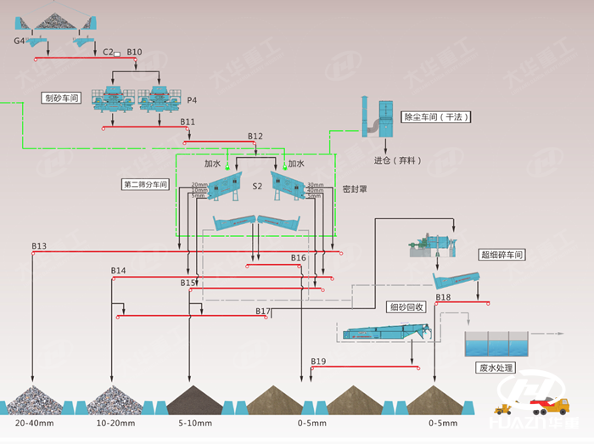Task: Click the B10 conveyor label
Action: click(x=135, y=53)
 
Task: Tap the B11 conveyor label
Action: click(x=188, y=122)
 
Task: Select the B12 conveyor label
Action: click(x=255, y=137)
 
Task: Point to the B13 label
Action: click(x=40, y=246)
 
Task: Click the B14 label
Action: click(x=118, y=271)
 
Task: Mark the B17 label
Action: click(x=263, y=312)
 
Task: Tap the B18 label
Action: click(x=443, y=297)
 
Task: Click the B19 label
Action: click(x=318, y=362)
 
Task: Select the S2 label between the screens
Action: click(x=257, y=185)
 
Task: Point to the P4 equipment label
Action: click(x=192, y=100)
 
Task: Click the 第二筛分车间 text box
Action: click(x=146, y=183)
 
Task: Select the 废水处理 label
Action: click(x=496, y=368)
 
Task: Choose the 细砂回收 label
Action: click(x=403, y=307)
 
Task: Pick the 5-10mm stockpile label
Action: click(x=195, y=422)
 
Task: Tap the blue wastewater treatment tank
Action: click(x=496, y=344)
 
